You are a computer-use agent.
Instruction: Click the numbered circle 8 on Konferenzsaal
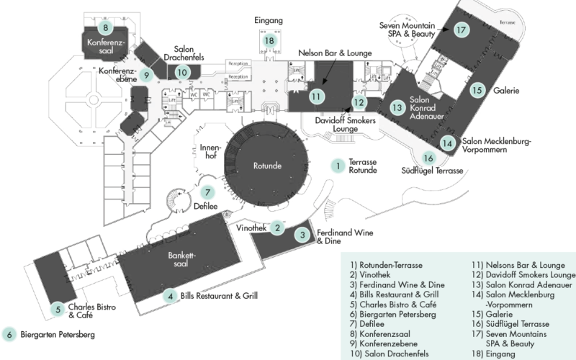coord(106,28)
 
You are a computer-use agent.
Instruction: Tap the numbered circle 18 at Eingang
coord(269,41)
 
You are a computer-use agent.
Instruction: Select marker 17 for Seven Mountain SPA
coord(462,30)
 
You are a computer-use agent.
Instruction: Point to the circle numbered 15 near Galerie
coord(476,91)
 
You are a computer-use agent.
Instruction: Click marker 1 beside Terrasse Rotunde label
coord(337,166)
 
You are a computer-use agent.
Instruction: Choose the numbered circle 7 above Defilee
coord(207,192)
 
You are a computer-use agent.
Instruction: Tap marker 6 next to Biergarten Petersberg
coord(10,334)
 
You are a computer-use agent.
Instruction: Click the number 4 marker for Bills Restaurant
coord(170,295)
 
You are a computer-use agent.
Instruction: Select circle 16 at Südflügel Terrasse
coord(429,158)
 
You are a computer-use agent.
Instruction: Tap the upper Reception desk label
coord(238,63)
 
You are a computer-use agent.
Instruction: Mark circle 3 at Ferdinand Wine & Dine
coord(303,234)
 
